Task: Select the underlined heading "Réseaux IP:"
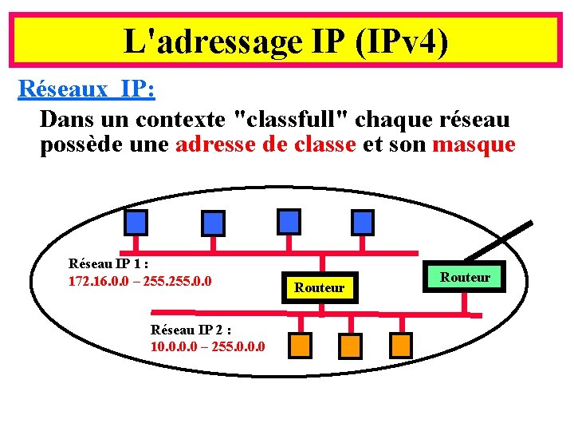[86, 89]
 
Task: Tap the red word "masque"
[474, 144]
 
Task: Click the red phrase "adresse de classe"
[265, 144]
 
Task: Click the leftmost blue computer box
[138, 220]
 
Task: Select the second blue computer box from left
[212, 222]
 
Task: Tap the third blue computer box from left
[288, 221]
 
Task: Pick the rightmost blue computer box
[363, 221]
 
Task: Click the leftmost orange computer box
[299, 345]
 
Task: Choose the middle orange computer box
[349, 345]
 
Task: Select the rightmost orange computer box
[400, 345]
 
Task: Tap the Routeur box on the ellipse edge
[466, 277]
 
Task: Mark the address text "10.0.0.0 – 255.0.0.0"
[208, 346]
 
